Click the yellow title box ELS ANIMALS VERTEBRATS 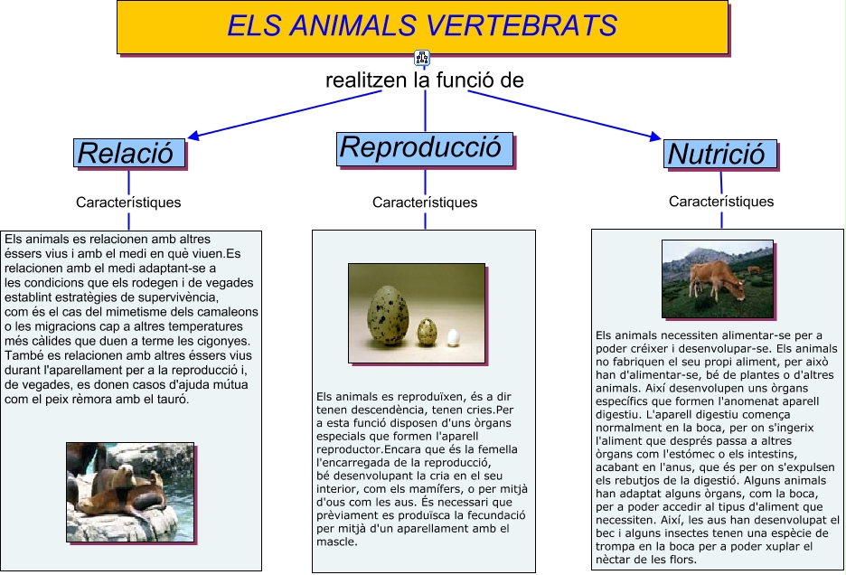(422, 27)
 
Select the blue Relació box (129, 153)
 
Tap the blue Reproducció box (425, 149)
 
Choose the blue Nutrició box (719, 154)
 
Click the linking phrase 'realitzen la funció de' (425, 80)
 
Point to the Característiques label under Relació (128, 203)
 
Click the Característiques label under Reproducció (425, 203)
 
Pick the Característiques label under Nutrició (721, 202)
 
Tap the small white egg (453, 338)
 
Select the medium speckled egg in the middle (427, 332)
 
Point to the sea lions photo (130, 492)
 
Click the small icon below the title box (422, 57)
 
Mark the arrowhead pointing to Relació (193, 136)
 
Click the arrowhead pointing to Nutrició (655, 137)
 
